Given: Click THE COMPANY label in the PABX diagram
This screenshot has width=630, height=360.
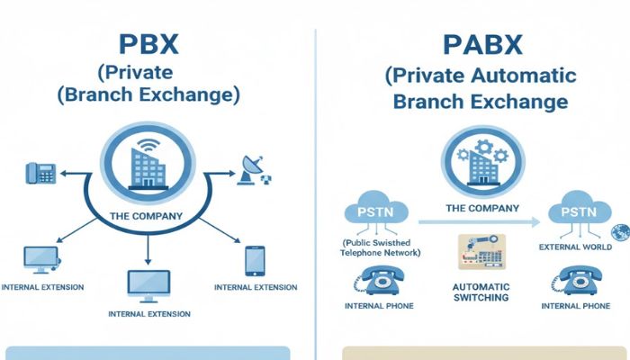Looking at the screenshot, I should pos(482,208).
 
